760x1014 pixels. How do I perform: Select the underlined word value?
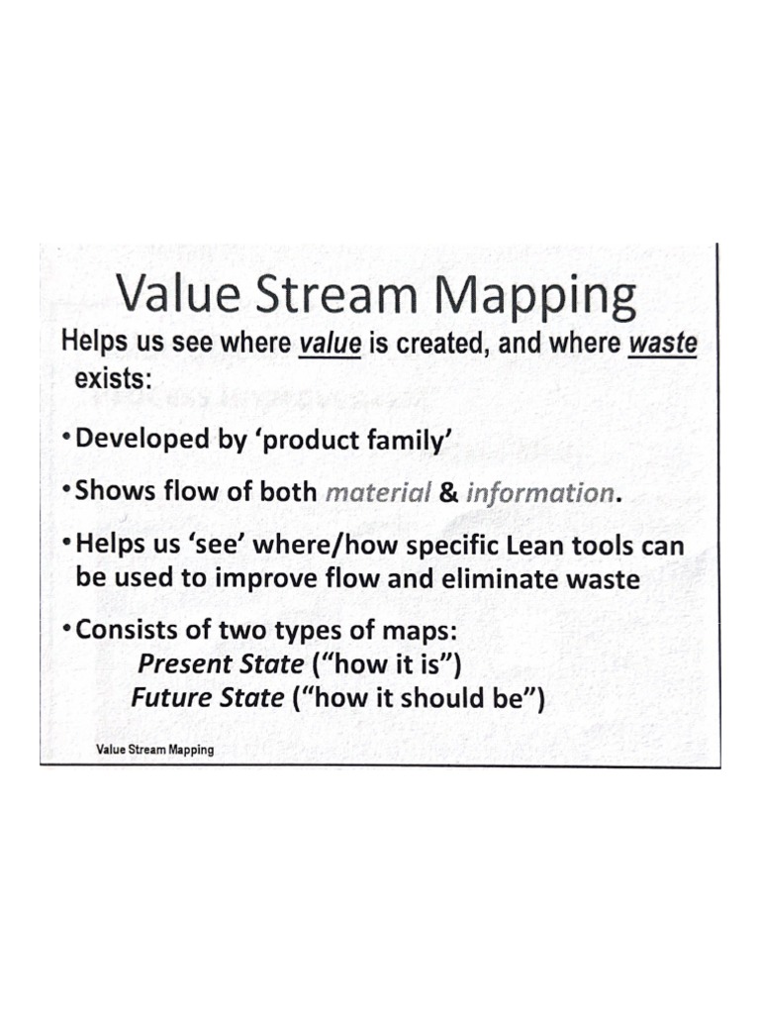329,344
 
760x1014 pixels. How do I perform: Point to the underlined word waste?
665,344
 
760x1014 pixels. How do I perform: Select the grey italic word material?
377,493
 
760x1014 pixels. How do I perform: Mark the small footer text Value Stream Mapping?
154,750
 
